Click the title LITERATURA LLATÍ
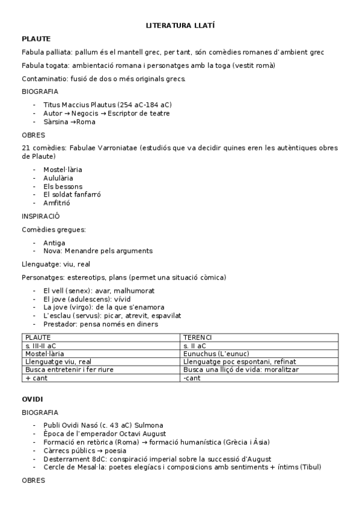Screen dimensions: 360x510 point(180,26)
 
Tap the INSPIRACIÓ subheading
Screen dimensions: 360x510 point(41,216)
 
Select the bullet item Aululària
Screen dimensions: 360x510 point(58,178)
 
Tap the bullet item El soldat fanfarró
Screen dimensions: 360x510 point(72,195)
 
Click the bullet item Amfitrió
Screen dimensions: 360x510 point(56,203)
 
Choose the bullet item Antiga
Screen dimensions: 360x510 point(54,242)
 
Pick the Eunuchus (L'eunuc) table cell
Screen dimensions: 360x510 point(216,354)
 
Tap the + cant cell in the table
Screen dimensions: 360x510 point(36,378)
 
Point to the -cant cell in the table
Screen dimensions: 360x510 point(192,378)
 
